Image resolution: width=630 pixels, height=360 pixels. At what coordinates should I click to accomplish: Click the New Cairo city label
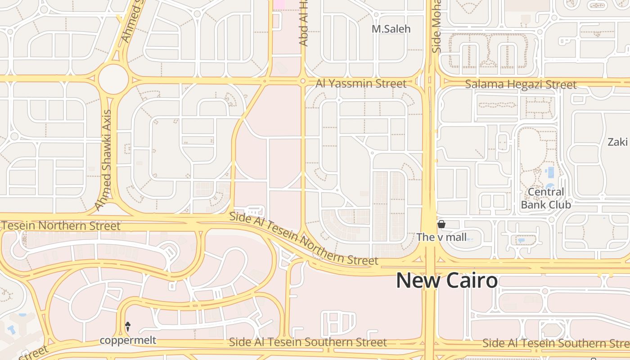pos(447,281)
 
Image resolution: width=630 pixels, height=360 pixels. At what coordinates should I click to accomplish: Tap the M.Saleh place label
pos(391,29)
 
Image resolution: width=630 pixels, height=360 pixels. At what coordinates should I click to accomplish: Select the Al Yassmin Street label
pos(361,84)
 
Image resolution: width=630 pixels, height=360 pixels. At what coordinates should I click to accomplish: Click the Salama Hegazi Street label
pos(521,85)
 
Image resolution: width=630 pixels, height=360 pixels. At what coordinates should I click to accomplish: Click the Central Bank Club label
pos(546,198)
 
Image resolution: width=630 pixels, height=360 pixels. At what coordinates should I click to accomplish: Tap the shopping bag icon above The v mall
pos(441,224)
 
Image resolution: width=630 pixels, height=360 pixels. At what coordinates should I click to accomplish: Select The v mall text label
pos(441,237)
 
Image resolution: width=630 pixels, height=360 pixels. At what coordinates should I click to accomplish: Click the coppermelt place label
pos(128,340)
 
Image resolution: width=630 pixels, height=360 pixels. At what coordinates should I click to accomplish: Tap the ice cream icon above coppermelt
pos(128,327)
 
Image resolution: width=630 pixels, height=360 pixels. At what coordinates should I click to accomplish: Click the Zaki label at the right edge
pos(618,142)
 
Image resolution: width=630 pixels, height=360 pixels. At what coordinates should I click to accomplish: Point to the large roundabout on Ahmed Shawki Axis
pos(113,79)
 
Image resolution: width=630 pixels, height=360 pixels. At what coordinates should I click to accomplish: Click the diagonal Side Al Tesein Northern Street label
pos(303,239)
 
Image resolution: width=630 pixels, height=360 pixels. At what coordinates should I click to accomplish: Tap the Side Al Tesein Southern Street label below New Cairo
pos(308,342)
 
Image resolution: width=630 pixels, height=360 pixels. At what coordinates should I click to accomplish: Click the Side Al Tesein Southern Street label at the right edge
pos(556,344)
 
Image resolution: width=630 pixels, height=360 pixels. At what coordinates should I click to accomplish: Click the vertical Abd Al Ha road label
pos(304,22)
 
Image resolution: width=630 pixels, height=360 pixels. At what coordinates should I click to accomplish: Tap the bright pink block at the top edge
pos(279,4)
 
